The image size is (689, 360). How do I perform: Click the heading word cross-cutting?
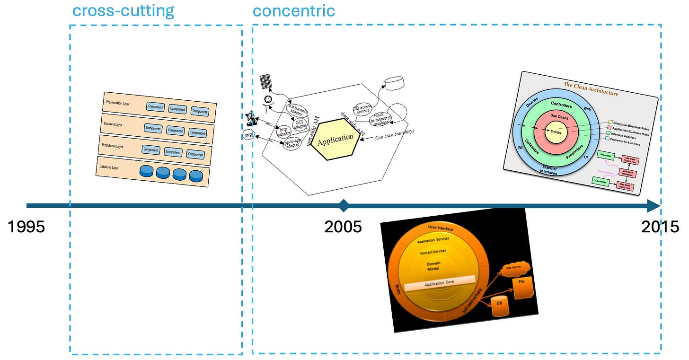[123, 10]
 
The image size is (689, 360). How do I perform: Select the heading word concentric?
[293, 10]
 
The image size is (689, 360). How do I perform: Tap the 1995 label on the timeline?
[26, 227]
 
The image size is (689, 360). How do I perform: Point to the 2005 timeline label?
[343, 227]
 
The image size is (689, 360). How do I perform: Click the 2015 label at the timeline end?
[660, 227]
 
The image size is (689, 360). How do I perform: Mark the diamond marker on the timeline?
[344, 206]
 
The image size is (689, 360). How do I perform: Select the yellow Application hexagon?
[336, 140]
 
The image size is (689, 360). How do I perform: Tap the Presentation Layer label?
[118, 103]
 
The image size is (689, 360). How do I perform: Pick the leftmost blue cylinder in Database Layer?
[147, 171]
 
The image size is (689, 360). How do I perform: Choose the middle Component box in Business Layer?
[175, 131]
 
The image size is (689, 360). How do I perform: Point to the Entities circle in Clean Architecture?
[556, 132]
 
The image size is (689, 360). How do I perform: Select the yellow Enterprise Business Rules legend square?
[610, 122]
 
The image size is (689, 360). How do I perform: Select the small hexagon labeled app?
[248, 135]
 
